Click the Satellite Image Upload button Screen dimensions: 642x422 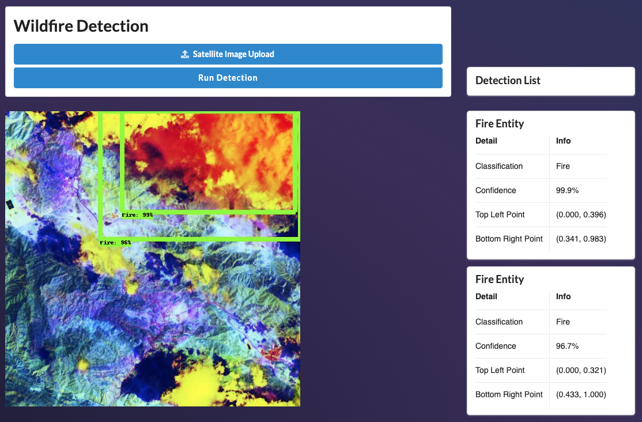click(228, 54)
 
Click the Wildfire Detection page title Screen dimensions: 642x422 click(81, 26)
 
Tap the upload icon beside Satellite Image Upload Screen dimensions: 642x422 click(185, 54)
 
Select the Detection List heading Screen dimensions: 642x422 click(508, 80)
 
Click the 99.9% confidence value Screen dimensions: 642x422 click(567, 190)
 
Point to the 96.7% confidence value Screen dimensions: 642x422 click(567, 346)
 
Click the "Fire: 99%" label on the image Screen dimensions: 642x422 click(137, 214)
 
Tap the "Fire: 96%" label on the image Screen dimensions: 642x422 click(115, 243)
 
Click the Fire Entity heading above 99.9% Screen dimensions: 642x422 click(500, 124)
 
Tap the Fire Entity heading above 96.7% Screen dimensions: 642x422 click(500, 280)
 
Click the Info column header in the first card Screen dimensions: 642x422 click(563, 141)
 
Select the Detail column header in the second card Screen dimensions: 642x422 click(486, 297)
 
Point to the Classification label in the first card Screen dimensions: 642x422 click(499, 167)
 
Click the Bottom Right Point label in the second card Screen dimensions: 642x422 click(509, 394)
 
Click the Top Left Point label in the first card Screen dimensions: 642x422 click(500, 214)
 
